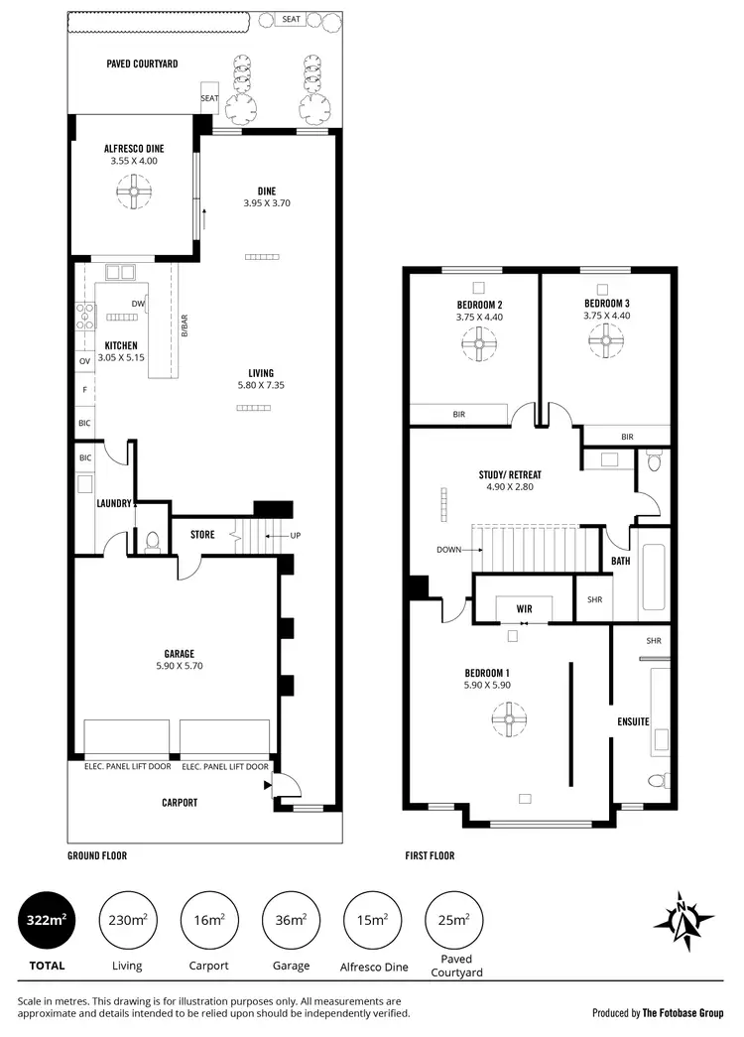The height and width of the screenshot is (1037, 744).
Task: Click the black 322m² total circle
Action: click(x=46, y=920)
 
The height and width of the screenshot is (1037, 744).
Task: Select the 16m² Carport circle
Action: click(x=209, y=920)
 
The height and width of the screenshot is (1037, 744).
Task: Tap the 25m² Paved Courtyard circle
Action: click(x=454, y=920)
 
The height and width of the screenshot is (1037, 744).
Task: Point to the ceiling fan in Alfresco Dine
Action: click(x=133, y=191)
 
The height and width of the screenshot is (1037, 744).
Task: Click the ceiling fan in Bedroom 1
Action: click(x=509, y=718)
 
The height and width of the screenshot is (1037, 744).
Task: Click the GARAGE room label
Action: click(x=179, y=653)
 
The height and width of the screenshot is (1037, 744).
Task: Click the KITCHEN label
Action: click(x=121, y=345)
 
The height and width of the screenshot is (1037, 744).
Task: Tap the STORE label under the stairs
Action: click(x=202, y=535)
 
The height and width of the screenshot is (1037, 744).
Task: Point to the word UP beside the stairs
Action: click(x=295, y=536)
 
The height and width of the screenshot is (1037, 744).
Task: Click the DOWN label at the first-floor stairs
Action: click(x=448, y=549)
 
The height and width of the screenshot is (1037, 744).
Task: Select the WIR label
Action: click(x=525, y=607)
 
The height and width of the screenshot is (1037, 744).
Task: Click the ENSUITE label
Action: click(x=634, y=721)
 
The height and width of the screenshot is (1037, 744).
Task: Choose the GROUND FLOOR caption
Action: click(x=97, y=854)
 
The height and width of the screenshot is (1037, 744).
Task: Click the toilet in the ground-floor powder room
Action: click(x=152, y=541)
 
